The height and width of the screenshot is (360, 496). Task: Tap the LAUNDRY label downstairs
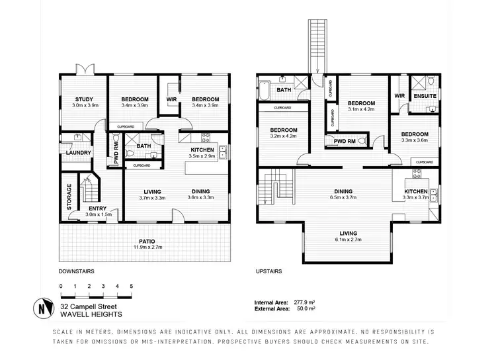78,153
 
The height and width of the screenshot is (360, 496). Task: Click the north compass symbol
42,308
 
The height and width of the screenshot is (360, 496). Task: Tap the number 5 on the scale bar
132,286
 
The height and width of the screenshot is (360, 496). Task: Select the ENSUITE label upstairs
425,96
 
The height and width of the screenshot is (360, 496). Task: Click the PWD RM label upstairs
346,142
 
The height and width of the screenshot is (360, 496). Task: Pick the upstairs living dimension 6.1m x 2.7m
349,240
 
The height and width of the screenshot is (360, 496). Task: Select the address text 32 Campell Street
86,306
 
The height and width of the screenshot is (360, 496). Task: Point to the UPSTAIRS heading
269,271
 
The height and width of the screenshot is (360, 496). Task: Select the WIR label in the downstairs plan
170,99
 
